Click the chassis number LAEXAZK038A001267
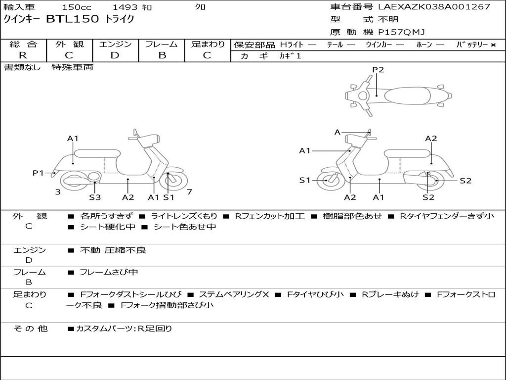434,6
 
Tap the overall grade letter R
23,55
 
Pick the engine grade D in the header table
115,55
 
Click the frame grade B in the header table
162,55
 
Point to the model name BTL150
73,19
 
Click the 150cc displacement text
77,7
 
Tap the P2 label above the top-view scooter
378,69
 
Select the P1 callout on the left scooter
38,173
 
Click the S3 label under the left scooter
95,197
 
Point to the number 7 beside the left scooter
189,192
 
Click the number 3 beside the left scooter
58,192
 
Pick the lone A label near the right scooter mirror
337,132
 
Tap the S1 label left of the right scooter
304,180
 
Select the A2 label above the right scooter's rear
431,139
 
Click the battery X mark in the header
493,45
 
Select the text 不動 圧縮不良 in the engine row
113,250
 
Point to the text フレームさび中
109,272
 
